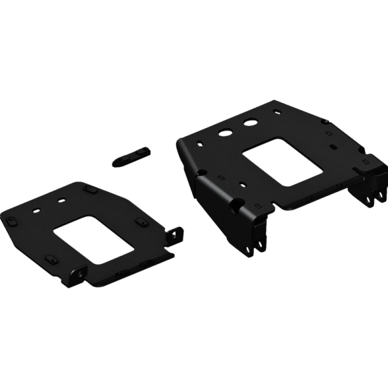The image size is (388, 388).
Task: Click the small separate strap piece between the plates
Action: tap(131, 156)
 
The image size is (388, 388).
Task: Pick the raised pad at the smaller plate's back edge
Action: tap(89, 188)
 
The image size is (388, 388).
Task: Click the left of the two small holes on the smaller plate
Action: tap(36, 208)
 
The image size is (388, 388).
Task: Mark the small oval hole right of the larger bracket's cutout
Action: tap(334, 147)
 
